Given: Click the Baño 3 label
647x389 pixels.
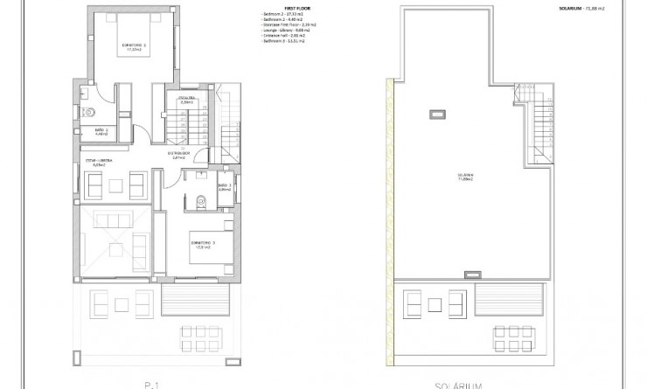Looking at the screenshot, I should click(x=223, y=186).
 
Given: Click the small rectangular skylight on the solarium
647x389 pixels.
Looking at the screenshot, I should click(x=435, y=114).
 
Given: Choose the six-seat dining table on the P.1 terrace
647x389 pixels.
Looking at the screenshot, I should click(x=202, y=334).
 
